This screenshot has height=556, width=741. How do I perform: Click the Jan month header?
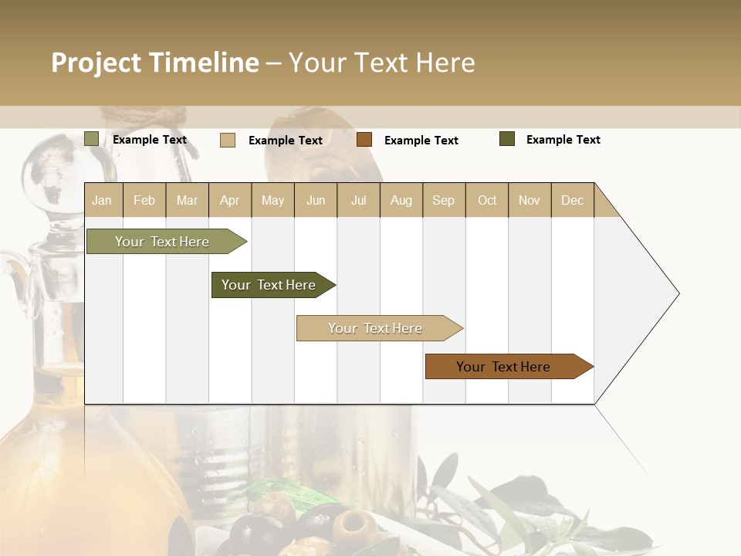tap(102, 200)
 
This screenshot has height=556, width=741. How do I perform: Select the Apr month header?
tap(229, 200)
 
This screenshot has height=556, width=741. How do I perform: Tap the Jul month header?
tap(358, 200)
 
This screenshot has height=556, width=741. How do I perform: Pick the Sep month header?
tap(443, 200)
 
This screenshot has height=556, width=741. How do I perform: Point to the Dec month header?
tap(572, 200)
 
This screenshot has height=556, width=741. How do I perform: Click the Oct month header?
tap(487, 200)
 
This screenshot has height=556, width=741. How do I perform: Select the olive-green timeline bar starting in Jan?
tap(163, 242)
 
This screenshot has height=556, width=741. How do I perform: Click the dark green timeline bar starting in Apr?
tap(269, 285)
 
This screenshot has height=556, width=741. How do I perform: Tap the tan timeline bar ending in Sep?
tap(376, 328)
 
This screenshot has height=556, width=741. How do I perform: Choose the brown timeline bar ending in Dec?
tap(504, 367)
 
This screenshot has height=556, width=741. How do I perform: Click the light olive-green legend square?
tap(91, 139)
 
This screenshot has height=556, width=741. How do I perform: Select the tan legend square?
tap(228, 140)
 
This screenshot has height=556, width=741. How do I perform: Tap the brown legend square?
tap(364, 140)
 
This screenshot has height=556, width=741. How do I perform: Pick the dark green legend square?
tap(506, 139)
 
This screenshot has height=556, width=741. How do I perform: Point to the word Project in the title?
tap(96, 63)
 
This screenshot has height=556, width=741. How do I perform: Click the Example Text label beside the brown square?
tap(421, 141)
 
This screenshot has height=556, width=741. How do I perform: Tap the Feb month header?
tap(144, 200)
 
